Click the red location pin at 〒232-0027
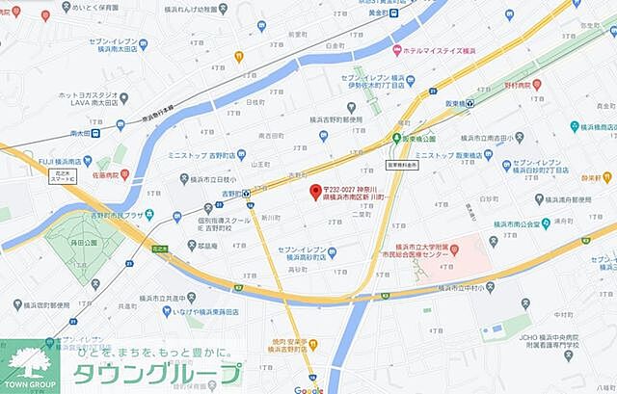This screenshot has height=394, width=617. (314, 190)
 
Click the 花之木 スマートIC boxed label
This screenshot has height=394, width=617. (65, 175)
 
